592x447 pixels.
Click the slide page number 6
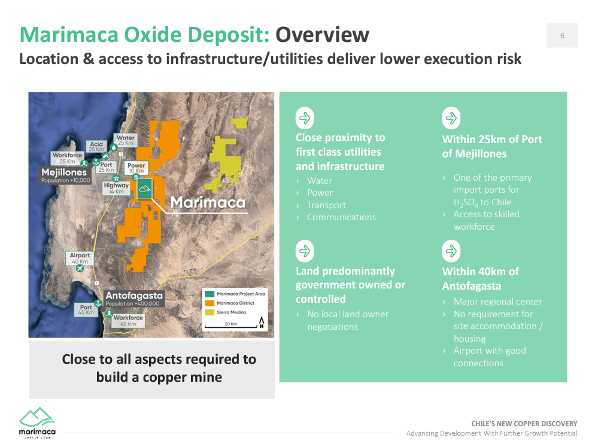(x=562, y=35)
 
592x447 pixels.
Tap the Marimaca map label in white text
(x=208, y=202)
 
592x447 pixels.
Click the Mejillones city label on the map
(x=64, y=173)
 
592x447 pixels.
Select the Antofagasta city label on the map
(x=134, y=296)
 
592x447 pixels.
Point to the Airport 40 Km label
(x=80, y=259)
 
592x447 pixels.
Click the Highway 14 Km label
(x=116, y=188)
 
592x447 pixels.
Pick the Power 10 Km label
(x=136, y=168)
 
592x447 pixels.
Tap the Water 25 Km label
(x=126, y=141)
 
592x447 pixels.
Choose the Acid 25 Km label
(x=96, y=147)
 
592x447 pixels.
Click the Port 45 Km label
(x=86, y=310)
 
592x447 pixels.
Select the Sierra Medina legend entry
(x=230, y=312)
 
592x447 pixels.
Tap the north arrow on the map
(x=261, y=324)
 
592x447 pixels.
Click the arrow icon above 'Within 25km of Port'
(x=451, y=118)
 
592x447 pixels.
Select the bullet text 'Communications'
(x=341, y=217)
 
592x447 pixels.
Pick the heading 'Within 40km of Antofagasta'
(x=480, y=279)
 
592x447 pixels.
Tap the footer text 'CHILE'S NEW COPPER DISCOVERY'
(x=524, y=423)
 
